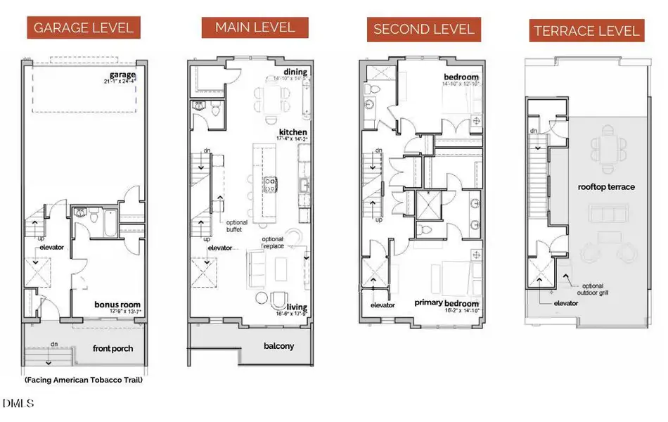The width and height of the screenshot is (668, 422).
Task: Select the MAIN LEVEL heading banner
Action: pyautogui.click(x=255, y=27)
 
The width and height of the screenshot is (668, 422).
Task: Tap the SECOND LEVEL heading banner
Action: pyautogui.click(x=424, y=29)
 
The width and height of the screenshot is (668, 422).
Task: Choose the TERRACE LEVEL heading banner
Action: pyautogui.click(x=586, y=31)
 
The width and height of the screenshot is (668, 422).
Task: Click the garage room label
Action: pyautogui.click(x=122, y=75)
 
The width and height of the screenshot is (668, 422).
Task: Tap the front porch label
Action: pyautogui.click(x=113, y=348)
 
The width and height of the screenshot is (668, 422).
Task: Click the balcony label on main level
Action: pyautogui.click(x=278, y=346)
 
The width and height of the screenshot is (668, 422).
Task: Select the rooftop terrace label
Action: pyautogui.click(x=606, y=186)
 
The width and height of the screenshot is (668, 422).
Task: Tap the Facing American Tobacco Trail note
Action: pyautogui.click(x=83, y=380)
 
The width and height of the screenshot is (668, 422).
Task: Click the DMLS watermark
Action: pyautogui.click(x=17, y=404)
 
